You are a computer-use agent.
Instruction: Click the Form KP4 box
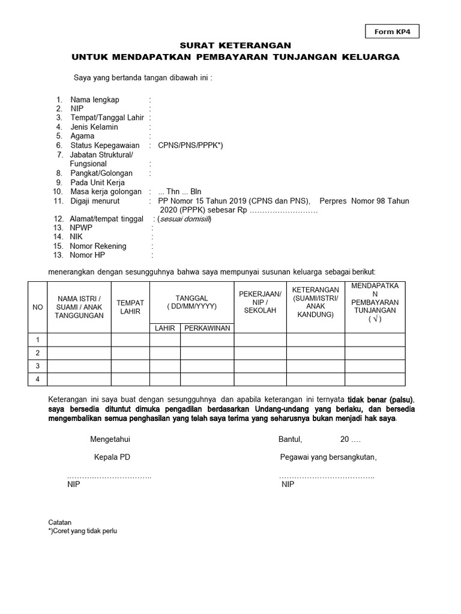(x=392, y=32)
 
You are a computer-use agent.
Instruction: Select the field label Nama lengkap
(x=95, y=100)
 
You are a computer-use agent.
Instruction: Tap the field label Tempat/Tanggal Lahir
(x=107, y=118)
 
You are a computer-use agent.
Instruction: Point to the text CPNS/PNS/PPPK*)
(x=190, y=146)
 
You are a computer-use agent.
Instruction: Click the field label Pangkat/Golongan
(x=101, y=173)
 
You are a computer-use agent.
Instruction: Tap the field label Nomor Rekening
(x=98, y=246)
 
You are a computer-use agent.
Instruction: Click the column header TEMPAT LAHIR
(x=130, y=308)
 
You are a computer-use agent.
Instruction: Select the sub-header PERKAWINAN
(x=207, y=328)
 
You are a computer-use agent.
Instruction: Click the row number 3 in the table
(x=37, y=366)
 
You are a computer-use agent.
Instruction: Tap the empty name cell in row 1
(x=79, y=340)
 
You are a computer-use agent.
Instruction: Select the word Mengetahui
(x=110, y=440)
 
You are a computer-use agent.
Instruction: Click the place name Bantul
(x=291, y=440)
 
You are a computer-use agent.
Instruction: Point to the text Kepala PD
(x=112, y=458)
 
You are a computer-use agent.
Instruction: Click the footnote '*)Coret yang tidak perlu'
(x=82, y=531)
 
